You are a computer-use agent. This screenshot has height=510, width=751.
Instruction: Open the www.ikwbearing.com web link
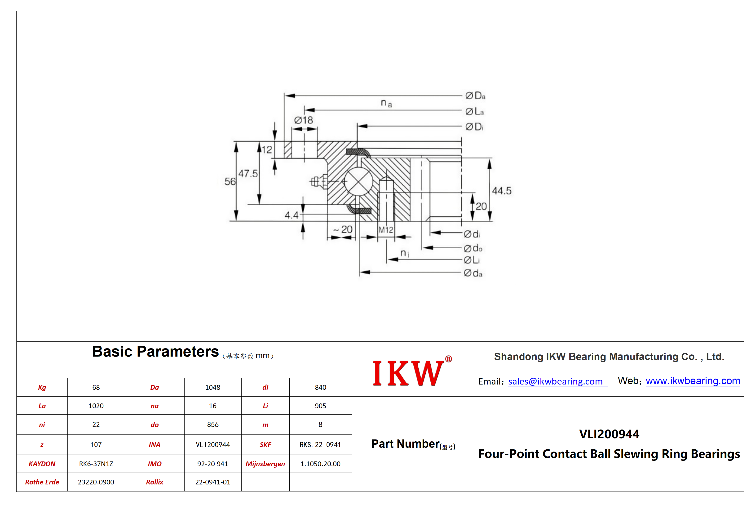pos(693,381)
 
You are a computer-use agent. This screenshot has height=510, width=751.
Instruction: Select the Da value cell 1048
pos(213,387)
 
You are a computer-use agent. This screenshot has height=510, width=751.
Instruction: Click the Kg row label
pos(42,387)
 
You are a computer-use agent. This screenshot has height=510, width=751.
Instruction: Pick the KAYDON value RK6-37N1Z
pos(96,464)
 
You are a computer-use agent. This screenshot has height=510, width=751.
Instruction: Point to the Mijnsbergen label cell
pos(265,464)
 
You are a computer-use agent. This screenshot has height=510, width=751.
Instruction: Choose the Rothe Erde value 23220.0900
pos(96,482)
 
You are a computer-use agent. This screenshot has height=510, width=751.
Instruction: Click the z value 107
pos(96,445)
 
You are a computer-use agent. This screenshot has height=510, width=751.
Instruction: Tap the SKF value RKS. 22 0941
pos(320,445)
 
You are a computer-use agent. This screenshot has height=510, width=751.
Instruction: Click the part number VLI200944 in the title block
pos(609,434)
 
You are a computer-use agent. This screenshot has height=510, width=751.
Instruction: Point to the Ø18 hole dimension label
pos(303,120)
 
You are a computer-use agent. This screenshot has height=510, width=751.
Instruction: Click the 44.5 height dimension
pos(502,191)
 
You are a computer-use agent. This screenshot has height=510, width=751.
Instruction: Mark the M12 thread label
pos(386,230)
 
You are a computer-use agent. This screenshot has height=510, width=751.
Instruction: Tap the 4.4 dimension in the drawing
pos(292,215)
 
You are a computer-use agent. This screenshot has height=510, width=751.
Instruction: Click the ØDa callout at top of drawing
pos(475,96)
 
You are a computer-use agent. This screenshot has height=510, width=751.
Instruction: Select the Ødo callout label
pos(473,248)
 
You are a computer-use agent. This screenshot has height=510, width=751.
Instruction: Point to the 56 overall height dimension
pos(230,181)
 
